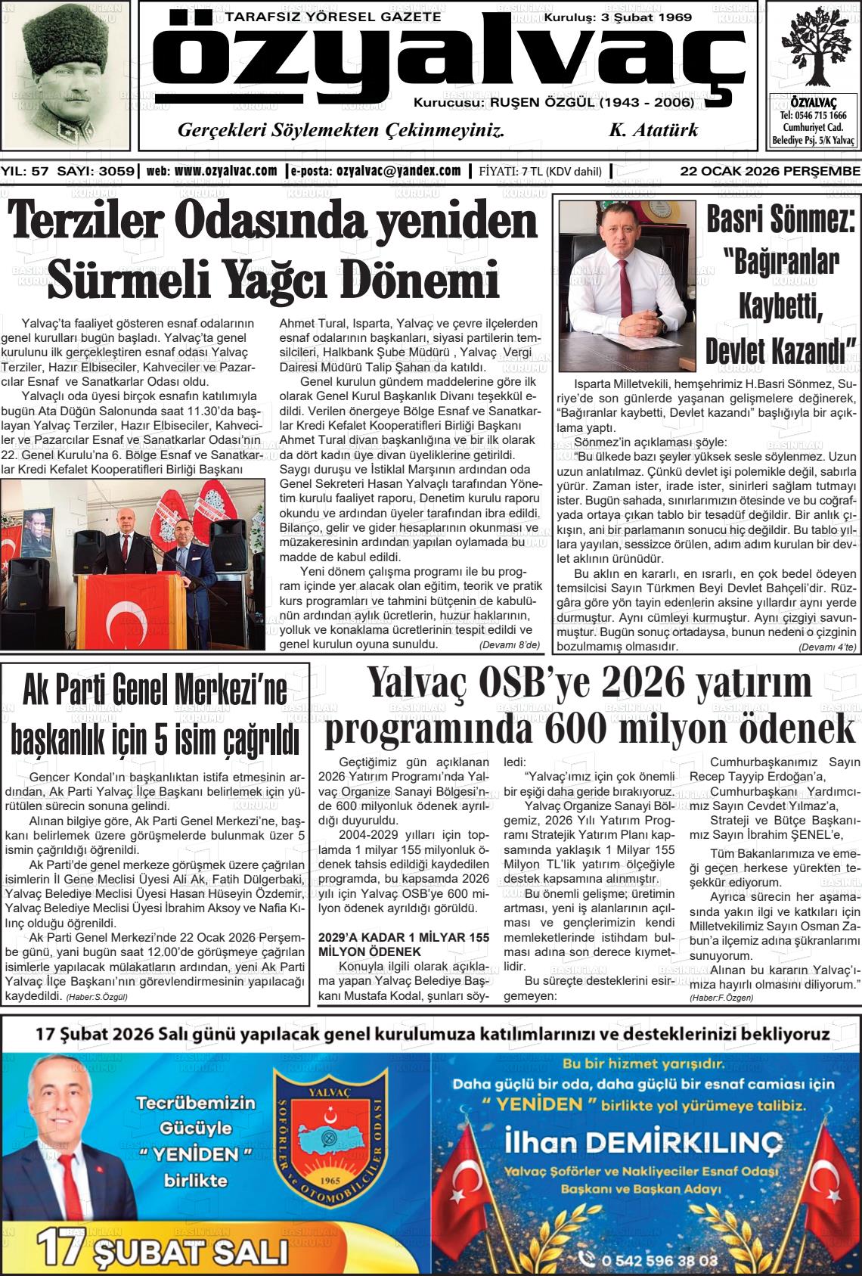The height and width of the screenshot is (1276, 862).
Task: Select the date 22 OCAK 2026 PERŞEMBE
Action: [769, 171]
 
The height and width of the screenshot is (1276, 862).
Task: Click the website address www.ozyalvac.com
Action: [225, 171]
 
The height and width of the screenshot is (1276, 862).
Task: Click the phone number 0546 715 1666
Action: [813, 116]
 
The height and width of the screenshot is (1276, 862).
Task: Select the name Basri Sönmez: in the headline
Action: [780, 218]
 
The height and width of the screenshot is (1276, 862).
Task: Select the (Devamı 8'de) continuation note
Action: [510, 645]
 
